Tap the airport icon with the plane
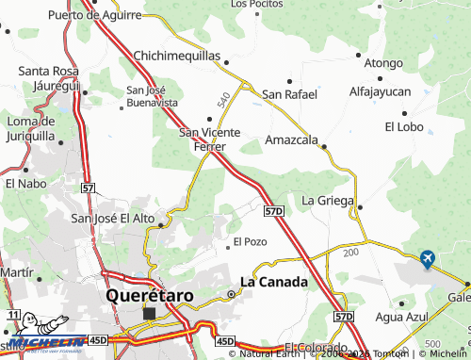tap(428, 258)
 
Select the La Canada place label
tap(274, 281)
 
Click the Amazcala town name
tap(289, 139)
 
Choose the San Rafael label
tap(290, 94)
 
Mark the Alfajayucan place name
tap(380, 92)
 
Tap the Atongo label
tap(383, 63)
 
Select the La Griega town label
tap(327, 201)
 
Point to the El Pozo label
tap(251, 241)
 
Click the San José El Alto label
tap(113, 219)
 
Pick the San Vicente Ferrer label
tap(210, 139)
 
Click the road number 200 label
tap(351, 253)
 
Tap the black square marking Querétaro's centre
tap(149, 313)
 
